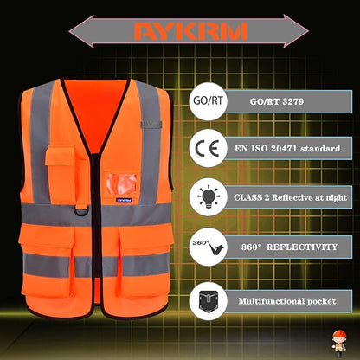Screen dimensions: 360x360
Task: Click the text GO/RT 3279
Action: click(273, 101)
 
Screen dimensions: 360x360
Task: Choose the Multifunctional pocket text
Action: click(282, 299)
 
